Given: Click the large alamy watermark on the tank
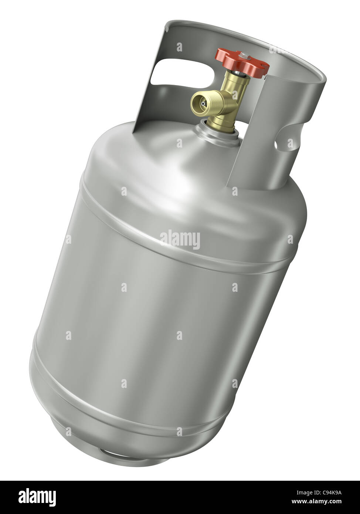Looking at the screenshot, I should coord(180,240).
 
